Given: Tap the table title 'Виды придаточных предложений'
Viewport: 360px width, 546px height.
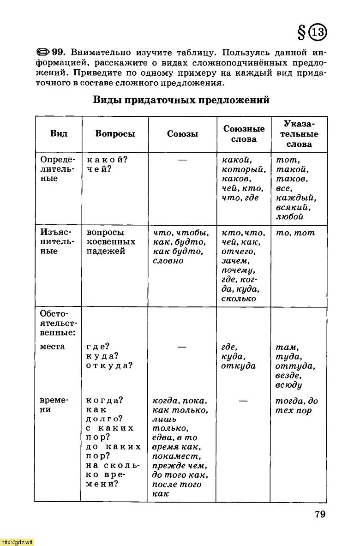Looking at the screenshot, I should tap(181, 100).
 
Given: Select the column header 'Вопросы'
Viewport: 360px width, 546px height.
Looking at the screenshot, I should tap(115, 134).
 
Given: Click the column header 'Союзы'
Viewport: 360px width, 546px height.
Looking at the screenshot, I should tap(182, 134).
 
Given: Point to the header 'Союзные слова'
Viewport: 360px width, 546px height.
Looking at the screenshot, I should tap(244, 134).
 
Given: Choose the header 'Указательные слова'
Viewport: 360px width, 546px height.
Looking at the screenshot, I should tap(299, 134).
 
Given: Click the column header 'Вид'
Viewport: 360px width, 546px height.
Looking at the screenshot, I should tap(59, 134).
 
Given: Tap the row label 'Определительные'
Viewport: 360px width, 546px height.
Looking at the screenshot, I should tap(57, 169).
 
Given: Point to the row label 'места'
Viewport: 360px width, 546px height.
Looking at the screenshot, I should tap(52, 347).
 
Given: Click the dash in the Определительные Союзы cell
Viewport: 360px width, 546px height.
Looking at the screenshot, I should tap(182, 160).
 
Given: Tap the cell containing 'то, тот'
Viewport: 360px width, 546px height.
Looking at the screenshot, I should tap(295, 233).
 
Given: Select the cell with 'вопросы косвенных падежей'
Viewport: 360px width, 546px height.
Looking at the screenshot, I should tap(111, 242).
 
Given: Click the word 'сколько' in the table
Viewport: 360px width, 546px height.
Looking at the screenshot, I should tap(239, 299).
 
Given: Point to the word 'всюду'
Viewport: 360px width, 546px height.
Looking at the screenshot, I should tap(288, 385).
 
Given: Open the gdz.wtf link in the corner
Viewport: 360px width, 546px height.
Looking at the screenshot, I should tap(17, 542).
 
